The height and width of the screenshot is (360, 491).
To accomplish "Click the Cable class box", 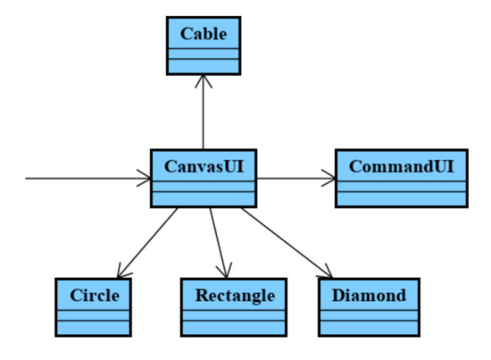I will pyautogui.click(x=204, y=46).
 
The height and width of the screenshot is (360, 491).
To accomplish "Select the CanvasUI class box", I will pyautogui.click(x=204, y=179).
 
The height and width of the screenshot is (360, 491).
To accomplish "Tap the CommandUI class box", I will pyautogui.click(x=401, y=179).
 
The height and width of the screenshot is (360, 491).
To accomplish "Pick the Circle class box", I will pyautogui.click(x=93, y=306).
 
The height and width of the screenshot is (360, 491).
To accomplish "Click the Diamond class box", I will pyautogui.click(x=368, y=306).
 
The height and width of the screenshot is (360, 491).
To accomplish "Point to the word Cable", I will pyautogui.click(x=204, y=34).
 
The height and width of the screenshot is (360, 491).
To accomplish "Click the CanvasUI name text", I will pyautogui.click(x=204, y=166).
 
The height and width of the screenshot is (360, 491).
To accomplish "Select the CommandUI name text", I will pyautogui.click(x=401, y=166).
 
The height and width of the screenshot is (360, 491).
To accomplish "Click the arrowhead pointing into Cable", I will pyautogui.click(x=204, y=80).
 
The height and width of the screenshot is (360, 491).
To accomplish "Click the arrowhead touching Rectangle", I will pyautogui.click(x=224, y=271).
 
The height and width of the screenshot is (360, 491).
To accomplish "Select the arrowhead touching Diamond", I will pyautogui.click(x=326, y=272).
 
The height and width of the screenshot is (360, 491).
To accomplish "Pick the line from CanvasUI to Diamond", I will pyautogui.click(x=286, y=241).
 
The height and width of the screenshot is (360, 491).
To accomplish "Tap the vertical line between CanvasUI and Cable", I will pyautogui.click(x=204, y=116).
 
